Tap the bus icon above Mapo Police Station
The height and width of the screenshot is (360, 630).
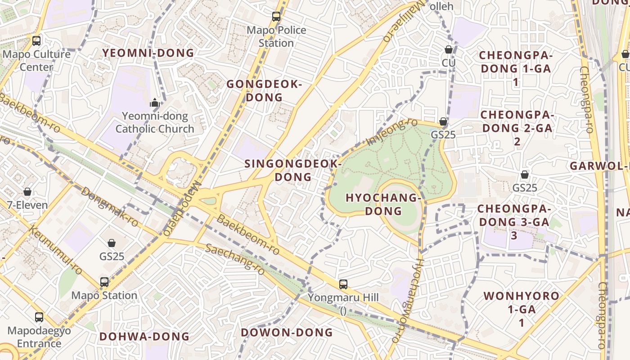(x=276, y=17)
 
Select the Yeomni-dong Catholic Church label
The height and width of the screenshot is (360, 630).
(x=155, y=122)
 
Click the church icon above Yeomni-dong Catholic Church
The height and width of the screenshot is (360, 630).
(x=155, y=103)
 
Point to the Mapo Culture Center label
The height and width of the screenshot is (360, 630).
(x=37, y=60)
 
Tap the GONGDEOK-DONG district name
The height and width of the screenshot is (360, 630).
(x=264, y=91)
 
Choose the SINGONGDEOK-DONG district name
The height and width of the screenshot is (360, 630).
(x=293, y=170)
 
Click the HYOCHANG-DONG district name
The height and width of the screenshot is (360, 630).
(x=383, y=204)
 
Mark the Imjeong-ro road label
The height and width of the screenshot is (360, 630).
(x=386, y=132)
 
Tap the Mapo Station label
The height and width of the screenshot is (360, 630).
(x=104, y=296)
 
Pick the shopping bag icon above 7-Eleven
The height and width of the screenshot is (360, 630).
(x=27, y=192)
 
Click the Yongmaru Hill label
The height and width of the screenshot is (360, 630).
(x=343, y=297)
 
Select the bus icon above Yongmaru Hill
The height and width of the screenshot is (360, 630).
(x=343, y=284)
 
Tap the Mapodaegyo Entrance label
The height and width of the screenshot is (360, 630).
(x=39, y=337)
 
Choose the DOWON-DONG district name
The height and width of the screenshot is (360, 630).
(x=287, y=333)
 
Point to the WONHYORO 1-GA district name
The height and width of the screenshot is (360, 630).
(x=522, y=309)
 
